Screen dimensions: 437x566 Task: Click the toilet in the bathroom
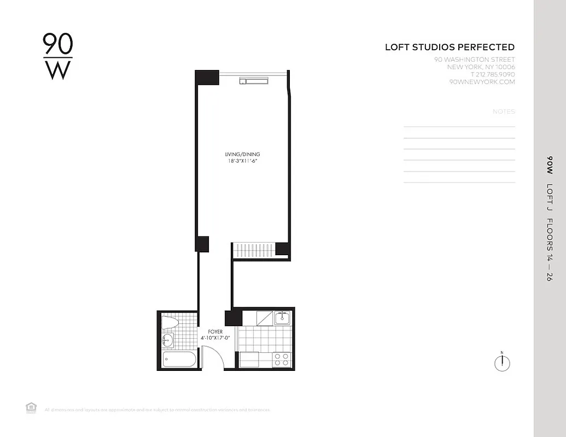(171, 323)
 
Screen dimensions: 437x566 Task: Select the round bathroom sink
(167, 341)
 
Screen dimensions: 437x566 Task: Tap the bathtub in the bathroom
(178, 360)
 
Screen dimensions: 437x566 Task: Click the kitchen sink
(282, 317)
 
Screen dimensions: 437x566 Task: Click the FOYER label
(215, 332)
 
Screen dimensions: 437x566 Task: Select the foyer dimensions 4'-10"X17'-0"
(215, 338)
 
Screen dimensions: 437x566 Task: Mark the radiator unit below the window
(254, 81)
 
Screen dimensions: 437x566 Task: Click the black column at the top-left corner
(207, 77)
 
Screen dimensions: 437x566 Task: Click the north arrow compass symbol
(501, 363)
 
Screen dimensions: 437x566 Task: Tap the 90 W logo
(57, 56)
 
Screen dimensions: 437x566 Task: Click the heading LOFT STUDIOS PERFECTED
(450, 48)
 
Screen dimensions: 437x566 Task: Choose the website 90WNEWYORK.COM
(482, 82)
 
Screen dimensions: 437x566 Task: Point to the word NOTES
(504, 111)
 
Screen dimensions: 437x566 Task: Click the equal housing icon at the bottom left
(31, 406)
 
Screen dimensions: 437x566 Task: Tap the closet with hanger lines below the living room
(254, 250)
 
